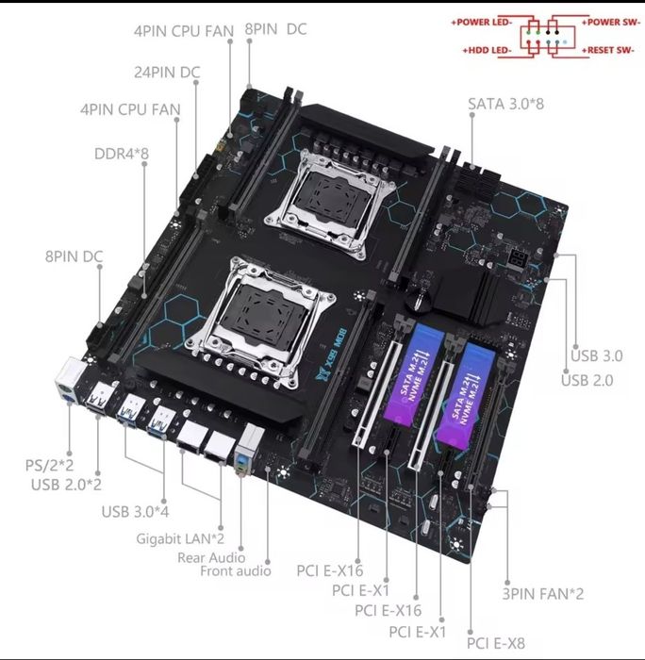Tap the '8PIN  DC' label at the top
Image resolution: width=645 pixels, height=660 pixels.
coord(275,29)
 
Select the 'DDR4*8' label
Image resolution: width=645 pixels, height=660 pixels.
coord(122,152)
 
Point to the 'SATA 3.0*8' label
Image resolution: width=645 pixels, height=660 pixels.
coord(506,103)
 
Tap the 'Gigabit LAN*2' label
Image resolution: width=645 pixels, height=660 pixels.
coord(178,537)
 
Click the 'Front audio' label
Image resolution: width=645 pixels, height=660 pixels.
coord(235,570)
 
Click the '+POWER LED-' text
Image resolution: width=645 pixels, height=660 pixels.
coord(484,21)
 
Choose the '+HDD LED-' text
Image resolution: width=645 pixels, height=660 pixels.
coord(488,48)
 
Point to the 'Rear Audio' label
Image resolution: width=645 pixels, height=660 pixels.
coord(211,556)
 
